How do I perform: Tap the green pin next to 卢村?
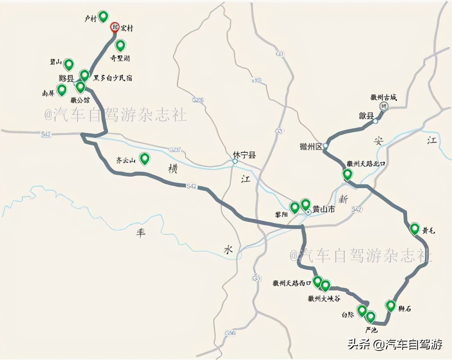coord(103,16)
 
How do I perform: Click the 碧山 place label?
coord(56,62)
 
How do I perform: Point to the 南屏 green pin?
coord(62,89)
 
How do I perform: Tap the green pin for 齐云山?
coord(144,158)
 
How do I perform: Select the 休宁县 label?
coord(244,155)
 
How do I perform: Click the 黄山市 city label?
coord(324,209)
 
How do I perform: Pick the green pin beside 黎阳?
coord(295,207)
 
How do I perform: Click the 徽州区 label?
coord(312,146)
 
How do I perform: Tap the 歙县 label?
coord(366,116)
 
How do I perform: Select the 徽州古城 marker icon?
coord(384,106)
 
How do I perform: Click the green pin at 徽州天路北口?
coord(347,174)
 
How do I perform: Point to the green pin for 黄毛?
coord(415,229)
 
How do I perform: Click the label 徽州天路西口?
coord(292,283)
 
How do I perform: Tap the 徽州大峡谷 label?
coord(324,299)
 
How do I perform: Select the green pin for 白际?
coord(362,310)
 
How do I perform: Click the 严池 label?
coord(371,330)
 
